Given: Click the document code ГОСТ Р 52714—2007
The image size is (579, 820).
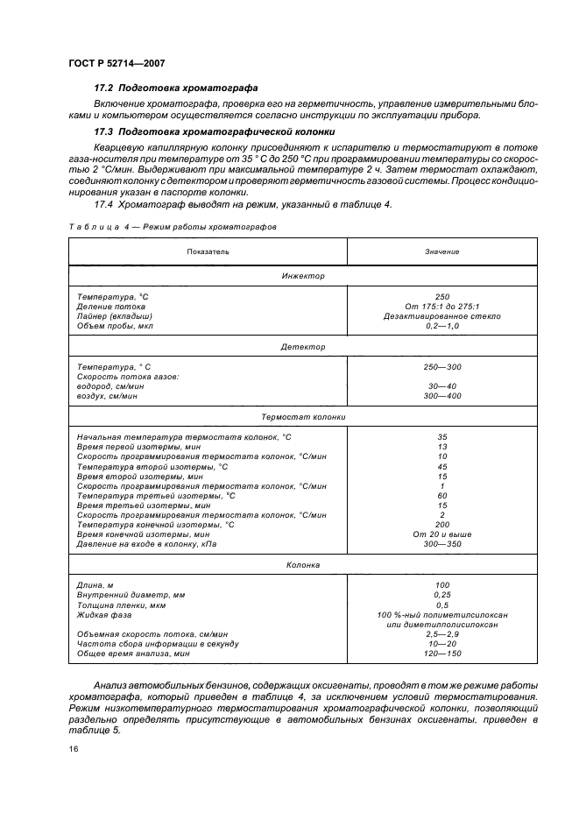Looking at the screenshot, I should point(116,63).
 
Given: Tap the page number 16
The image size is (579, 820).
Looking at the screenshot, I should point(73,749).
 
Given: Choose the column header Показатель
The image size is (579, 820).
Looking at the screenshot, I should point(208,251).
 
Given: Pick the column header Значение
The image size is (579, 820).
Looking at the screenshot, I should point(441,251).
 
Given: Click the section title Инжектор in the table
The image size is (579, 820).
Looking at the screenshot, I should point(303,276).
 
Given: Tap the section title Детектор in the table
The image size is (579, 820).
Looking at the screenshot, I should point(303,347).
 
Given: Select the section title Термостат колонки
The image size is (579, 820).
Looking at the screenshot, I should point(303,418).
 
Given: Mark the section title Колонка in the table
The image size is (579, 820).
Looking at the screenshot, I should point(303,566).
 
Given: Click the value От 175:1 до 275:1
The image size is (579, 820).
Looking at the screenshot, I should point(441,307).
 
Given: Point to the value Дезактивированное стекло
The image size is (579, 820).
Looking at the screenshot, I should point(441,315).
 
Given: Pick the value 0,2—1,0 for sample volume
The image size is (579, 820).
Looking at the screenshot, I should point(441,325).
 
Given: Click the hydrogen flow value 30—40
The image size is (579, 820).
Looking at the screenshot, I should point(441,386).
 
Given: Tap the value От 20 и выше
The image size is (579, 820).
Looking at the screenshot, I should point(441,534).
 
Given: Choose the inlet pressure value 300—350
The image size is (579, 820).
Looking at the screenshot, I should point(441,543).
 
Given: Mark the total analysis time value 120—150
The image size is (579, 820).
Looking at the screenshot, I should point(441,653).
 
